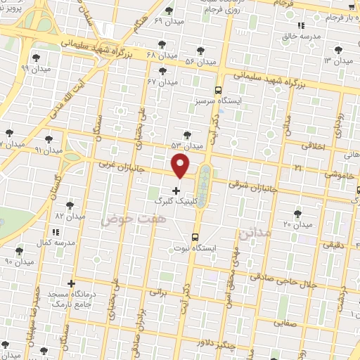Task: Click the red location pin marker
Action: [181, 166]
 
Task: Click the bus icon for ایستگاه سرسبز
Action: [219, 90]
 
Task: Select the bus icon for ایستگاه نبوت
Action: [195, 238]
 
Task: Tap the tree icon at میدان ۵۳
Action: [186, 134]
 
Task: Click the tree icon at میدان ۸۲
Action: [70, 205]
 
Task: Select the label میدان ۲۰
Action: [297, 225]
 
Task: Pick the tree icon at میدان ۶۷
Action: [163, 72]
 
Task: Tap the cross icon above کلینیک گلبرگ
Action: [175, 190]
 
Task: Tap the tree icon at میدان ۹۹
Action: [35, 58]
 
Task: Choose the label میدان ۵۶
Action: [181, 63]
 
